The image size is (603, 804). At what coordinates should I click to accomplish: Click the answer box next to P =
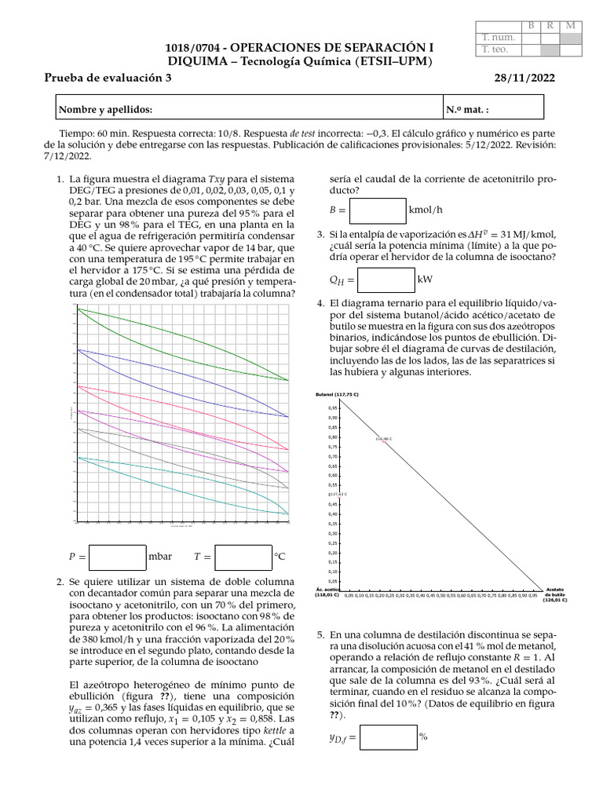[118, 557]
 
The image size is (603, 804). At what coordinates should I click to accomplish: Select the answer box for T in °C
[243, 557]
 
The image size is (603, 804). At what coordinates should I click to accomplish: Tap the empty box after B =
[378, 210]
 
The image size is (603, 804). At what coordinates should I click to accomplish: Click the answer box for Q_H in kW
[386, 280]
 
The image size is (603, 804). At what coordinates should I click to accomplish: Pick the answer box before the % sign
[388, 737]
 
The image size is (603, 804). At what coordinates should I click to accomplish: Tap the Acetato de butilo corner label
[555, 594]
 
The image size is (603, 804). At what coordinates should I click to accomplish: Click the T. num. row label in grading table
[496, 37]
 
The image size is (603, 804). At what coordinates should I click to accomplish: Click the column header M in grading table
[571, 25]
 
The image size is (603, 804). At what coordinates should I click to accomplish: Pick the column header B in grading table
[532, 25]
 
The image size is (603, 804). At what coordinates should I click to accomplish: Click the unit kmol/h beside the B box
[427, 210]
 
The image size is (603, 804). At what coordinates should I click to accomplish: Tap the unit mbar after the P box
[160, 557]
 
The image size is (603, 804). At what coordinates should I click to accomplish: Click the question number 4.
[320, 304]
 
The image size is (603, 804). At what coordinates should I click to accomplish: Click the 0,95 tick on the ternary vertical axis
[333, 408]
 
